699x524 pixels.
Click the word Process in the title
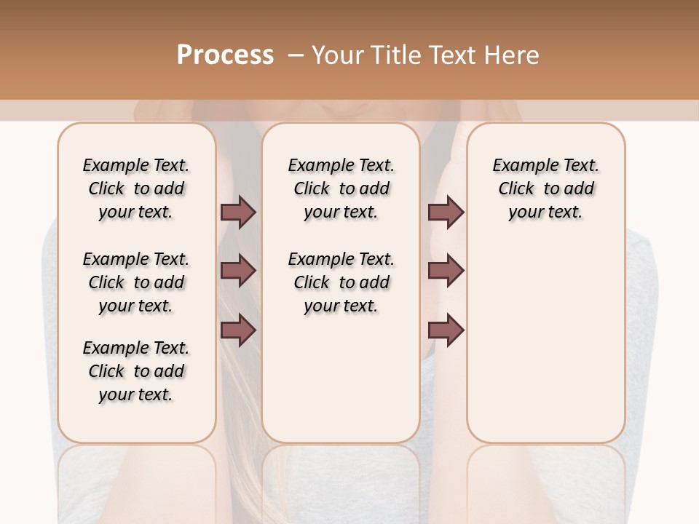(225, 55)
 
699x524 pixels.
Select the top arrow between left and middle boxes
(238, 212)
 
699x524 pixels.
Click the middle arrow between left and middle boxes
(238, 271)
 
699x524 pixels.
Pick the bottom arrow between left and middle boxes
(238, 330)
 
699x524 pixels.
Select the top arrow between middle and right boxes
(446, 212)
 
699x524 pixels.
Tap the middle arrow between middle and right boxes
(446, 271)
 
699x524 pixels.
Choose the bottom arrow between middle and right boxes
(446, 330)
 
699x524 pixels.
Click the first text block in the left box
(136, 188)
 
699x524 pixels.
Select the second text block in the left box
(136, 282)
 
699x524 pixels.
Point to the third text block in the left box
(136, 371)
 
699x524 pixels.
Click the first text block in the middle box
(341, 188)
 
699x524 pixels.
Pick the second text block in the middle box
(341, 282)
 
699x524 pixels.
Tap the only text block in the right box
(545, 188)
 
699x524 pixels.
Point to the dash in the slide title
(296, 55)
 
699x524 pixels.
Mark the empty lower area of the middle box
(341, 378)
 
